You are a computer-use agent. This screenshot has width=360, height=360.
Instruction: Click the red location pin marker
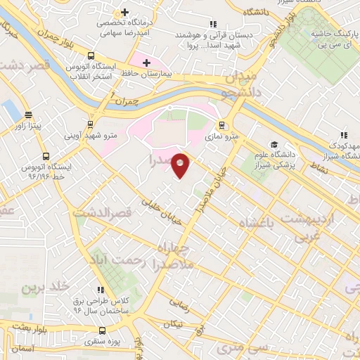point(181,165)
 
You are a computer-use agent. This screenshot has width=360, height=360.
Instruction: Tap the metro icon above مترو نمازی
point(222,125)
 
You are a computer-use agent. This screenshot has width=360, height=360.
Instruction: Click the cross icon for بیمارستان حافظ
point(146,63)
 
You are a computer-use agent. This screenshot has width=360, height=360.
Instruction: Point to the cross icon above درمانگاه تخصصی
point(124,13)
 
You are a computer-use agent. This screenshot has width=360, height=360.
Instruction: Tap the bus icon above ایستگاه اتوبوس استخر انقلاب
point(91,56)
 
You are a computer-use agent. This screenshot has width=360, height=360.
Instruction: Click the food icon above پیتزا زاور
point(28,115)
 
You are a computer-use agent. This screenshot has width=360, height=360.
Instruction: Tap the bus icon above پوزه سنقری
point(103,330)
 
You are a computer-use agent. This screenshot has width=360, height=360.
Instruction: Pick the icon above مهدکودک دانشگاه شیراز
point(343,134)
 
